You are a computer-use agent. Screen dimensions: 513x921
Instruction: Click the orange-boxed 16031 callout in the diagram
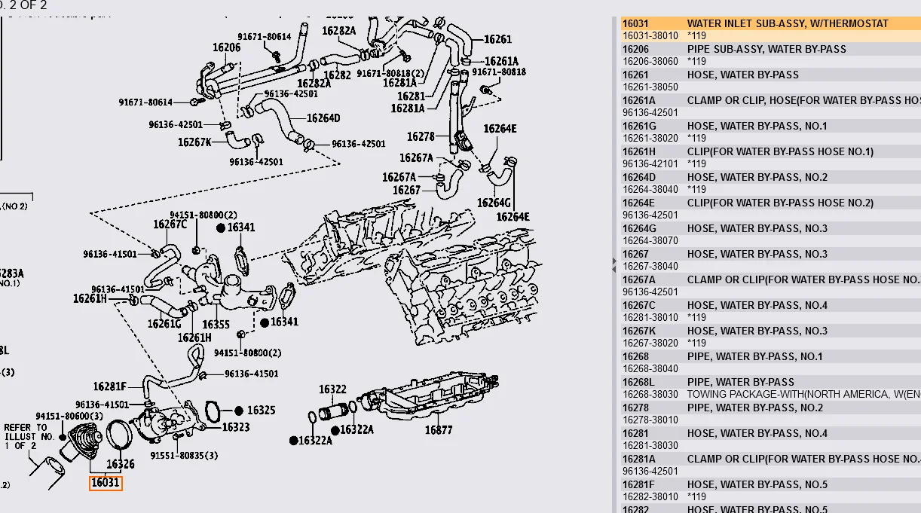point(106,483)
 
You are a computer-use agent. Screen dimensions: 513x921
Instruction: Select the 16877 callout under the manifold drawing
point(439,430)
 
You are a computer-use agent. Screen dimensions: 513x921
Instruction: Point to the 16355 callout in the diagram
point(216,325)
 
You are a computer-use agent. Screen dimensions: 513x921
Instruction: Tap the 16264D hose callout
point(323,118)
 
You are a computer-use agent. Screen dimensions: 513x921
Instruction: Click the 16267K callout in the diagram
point(194,142)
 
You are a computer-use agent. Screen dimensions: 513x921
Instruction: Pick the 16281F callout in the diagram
point(110,386)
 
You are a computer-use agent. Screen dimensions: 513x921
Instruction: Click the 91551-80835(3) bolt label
point(184,455)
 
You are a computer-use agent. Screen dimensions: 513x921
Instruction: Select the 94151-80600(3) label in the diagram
point(69,416)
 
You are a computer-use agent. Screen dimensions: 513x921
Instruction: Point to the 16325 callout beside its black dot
point(261,411)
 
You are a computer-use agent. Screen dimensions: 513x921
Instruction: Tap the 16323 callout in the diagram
point(235,427)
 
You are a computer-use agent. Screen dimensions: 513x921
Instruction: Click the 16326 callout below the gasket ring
point(121,464)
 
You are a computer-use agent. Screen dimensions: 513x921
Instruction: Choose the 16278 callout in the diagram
point(421,136)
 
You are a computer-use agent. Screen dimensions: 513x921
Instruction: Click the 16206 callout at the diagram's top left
point(226,47)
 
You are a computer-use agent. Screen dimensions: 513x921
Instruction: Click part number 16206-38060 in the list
point(650,61)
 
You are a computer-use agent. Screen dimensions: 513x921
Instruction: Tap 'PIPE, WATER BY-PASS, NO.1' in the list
point(754,356)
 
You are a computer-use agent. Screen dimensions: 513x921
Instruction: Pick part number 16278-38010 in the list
point(650,420)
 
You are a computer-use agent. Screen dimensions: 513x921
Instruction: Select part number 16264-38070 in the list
point(650,240)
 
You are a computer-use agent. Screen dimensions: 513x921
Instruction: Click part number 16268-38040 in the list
point(650,368)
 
